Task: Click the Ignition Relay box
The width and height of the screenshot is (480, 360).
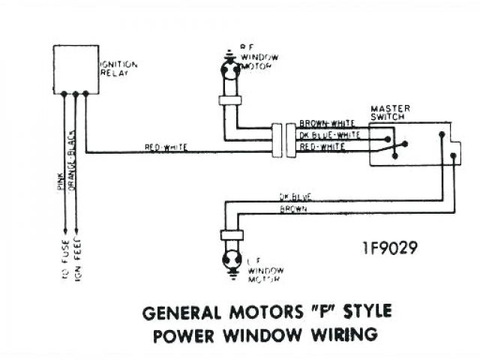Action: pyautogui.click(x=76, y=69)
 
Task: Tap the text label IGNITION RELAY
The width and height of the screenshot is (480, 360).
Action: pyautogui.click(x=118, y=69)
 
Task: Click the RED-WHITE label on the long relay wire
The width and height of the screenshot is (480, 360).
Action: pyautogui.click(x=166, y=148)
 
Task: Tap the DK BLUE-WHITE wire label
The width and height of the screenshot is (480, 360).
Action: pyautogui.click(x=329, y=135)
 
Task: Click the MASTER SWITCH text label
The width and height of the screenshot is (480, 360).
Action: pyautogui.click(x=391, y=112)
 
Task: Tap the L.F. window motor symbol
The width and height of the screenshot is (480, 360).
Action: pyautogui.click(x=231, y=260)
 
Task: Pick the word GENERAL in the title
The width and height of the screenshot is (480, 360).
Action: pyautogui.click(x=179, y=311)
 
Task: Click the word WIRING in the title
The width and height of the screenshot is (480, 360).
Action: pyautogui.click(x=344, y=333)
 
